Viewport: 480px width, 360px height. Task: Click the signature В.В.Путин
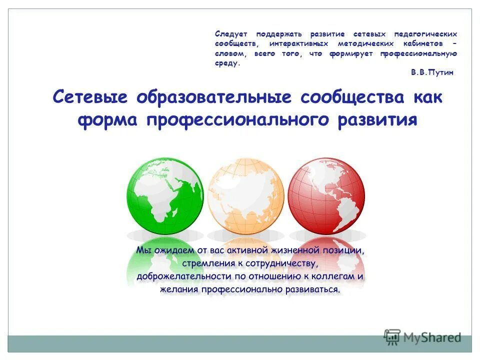click(432, 72)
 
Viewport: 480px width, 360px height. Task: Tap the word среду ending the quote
click(227, 63)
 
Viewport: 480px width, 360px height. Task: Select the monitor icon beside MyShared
click(392, 336)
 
